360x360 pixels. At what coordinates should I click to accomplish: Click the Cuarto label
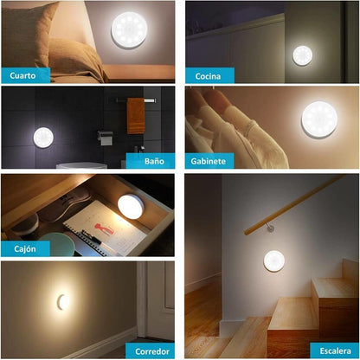pyautogui.click(x=23, y=75)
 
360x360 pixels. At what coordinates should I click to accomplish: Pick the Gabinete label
pyautogui.click(x=209, y=160)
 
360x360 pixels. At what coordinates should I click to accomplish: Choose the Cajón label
pyautogui.click(x=23, y=248)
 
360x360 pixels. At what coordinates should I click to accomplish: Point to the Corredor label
pyautogui.click(x=152, y=350)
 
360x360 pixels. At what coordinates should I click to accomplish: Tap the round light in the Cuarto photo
pyautogui.click(x=129, y=29)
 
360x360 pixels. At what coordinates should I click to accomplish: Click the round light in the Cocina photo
pyautogui.click(x=303, y=55)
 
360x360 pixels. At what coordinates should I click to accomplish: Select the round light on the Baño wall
pyautogui.click(x=43, y=138)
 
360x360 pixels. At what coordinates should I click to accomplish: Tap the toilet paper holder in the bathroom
pyautogui.click(x=105, y=136)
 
